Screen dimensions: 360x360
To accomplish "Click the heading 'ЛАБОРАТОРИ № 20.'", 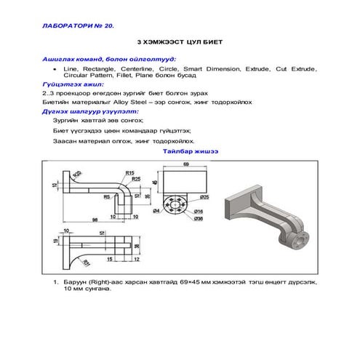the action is click(80, 25).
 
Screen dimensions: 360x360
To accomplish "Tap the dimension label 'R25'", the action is click(136, 179).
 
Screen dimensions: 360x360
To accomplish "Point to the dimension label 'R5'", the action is click(106, 196).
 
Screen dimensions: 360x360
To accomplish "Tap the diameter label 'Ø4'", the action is click(156, 211).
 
